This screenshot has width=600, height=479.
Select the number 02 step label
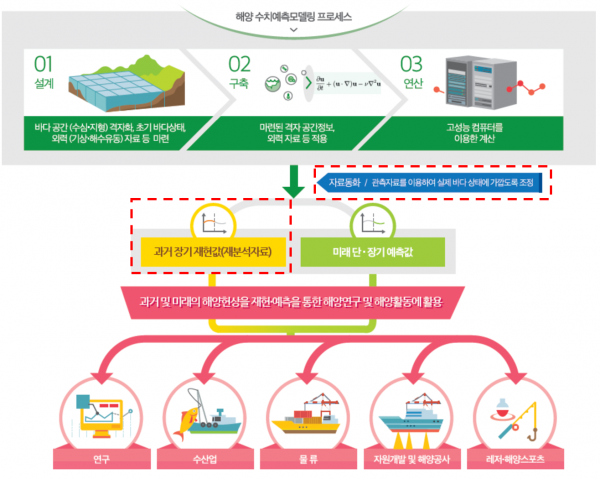(240, 66)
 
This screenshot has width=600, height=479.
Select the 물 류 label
(302, 461)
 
